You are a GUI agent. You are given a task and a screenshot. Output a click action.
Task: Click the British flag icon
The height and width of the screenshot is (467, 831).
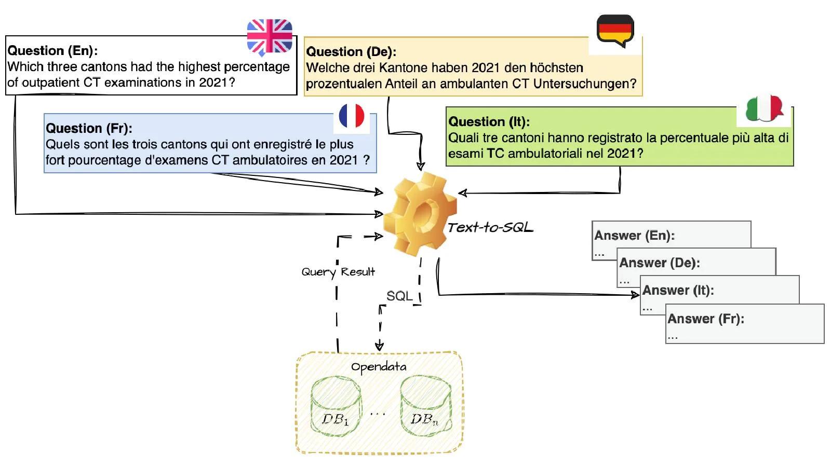click(x=270, y=36)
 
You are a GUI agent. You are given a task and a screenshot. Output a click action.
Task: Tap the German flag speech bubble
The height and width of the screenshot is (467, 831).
click(x=615, y=30)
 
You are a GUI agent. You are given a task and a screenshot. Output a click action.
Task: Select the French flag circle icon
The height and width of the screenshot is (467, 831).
click(x=352, y=116)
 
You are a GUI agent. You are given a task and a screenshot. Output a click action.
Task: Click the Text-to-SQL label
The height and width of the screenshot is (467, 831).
click(x=490, y=227)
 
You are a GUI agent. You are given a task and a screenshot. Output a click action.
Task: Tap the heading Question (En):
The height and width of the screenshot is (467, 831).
click(x=52, y=50)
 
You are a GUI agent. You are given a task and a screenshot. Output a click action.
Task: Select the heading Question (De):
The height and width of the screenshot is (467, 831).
click(x=351, y=51)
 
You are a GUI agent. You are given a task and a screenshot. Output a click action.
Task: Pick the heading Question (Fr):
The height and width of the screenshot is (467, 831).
click(x=89, y=128)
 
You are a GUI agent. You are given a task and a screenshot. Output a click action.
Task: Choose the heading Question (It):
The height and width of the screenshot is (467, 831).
click(x=489, y=121)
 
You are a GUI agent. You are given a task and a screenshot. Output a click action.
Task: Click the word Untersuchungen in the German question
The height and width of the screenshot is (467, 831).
click(x=584, y=84)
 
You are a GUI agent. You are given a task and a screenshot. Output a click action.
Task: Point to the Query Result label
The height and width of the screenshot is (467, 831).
click(x=338, y=272)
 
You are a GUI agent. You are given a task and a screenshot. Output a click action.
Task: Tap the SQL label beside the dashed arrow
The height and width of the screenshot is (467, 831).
click(x=399, y=296)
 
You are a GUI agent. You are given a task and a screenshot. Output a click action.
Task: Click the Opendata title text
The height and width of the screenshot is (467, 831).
click(x=379, y=367)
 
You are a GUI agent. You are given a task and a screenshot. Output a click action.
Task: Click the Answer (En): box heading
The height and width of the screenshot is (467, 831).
click(x=634, y=235)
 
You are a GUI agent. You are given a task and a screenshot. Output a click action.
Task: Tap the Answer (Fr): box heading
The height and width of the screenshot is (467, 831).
click(x=705, y=319)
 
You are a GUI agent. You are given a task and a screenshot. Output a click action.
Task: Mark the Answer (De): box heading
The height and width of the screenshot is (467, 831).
click(x=659, y=263)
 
